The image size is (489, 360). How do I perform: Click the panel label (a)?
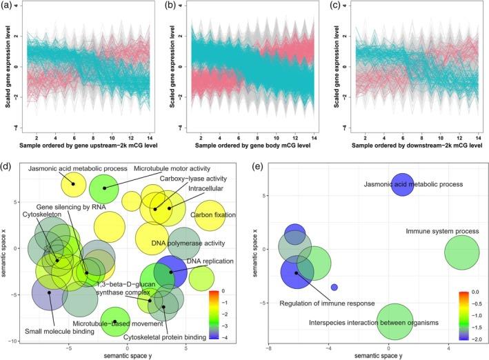click(9, 6)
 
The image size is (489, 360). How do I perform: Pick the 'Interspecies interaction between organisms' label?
click(375, 322)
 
